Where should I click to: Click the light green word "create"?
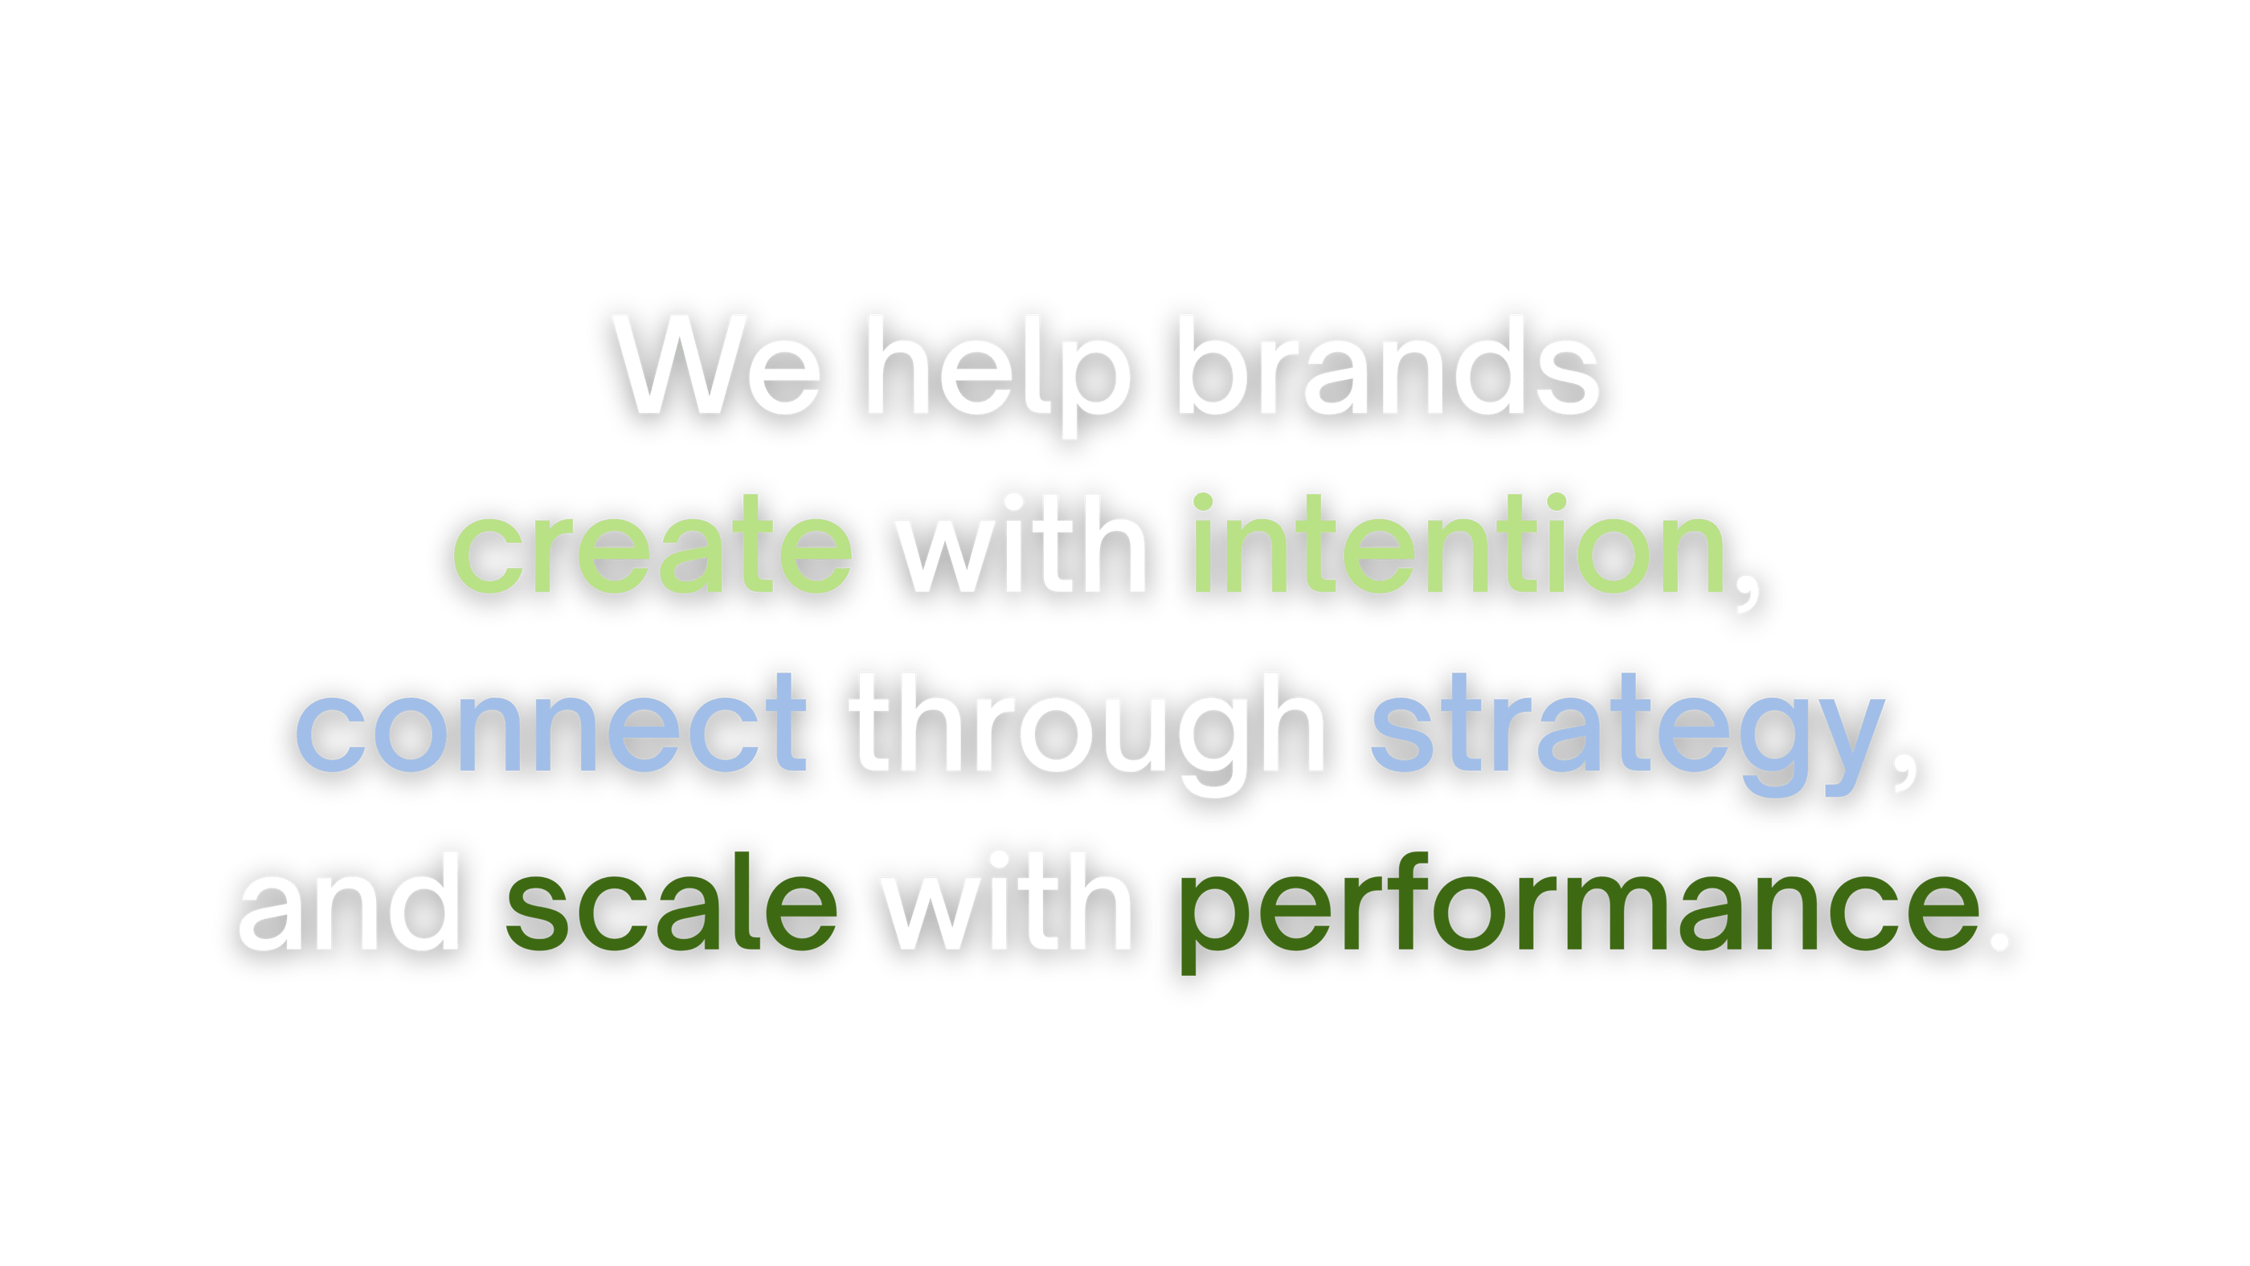(652, 544)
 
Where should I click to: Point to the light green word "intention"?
(1458, 542)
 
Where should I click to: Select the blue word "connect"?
(551, 722)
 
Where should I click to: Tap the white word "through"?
(1087, 734)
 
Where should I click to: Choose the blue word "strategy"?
(1627, 734)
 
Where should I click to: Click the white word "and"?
(349, 901)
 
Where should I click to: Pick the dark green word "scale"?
(672, 901)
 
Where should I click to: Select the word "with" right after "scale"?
(1007, 901)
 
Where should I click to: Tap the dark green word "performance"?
(1580, 913)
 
